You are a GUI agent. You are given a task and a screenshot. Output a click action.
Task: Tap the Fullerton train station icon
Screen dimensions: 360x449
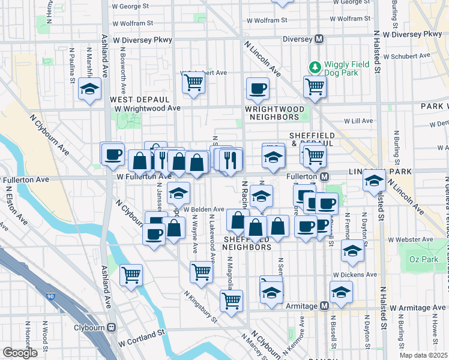click(x=324, y=177)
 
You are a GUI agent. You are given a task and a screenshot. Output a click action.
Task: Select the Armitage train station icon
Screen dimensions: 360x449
click(x=324, y=306)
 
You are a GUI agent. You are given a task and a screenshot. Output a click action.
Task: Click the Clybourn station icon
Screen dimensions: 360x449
click(x=111, y=328)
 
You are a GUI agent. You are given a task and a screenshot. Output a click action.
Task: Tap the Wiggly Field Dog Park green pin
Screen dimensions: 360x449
click(x=313, y=65)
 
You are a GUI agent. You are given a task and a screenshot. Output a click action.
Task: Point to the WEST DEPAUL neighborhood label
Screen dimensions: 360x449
click(x=136, y=99)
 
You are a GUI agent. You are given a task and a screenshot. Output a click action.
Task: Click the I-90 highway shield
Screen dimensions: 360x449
click(x=50, y=296)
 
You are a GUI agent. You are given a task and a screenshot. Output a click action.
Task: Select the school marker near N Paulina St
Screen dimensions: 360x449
click(x=90, y=90)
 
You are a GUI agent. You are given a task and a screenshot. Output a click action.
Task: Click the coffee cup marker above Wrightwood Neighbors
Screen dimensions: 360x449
click(x=258, y=89)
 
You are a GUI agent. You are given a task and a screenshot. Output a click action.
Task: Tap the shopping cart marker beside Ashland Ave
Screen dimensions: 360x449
click(x=131, y=275)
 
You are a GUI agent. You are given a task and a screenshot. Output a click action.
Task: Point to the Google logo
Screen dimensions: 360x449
click(x=20, y=353)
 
